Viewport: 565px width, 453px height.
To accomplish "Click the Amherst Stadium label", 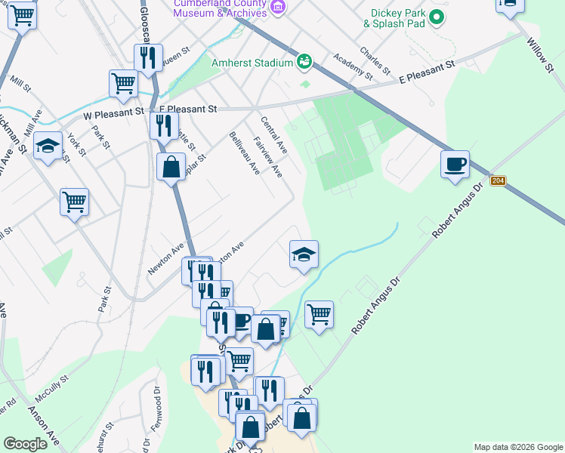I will click(252, 63).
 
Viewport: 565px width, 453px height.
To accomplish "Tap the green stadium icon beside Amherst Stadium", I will click(304, 61).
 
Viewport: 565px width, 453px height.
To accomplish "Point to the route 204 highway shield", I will click(498, 180).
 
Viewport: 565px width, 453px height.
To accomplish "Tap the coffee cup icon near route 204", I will click(455, 164).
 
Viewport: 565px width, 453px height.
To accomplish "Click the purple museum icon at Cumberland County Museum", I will click(278, 8).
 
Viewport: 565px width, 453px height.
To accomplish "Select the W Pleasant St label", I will click(113, 112).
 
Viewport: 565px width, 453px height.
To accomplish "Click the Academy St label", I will click(353, 66).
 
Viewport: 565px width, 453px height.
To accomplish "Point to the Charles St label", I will click(375, 61).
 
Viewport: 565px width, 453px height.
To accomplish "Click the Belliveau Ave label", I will click(244, 153).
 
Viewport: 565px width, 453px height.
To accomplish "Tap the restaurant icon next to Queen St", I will click(148, 57).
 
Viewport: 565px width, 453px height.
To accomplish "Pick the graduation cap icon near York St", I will click(48, 146).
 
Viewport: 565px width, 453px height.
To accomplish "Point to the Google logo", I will click(25, 444).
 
